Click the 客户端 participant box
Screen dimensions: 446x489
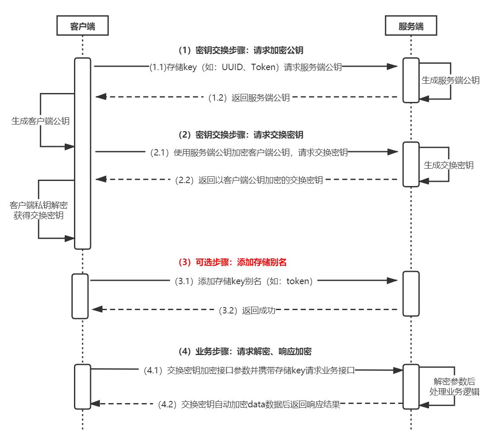pos(82,26)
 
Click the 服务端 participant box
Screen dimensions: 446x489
pos(411,26)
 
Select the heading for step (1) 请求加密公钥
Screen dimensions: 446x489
pos(241,50)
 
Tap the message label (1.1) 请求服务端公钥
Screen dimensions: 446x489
pos(245,67)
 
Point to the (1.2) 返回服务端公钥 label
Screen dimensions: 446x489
pos(249,98)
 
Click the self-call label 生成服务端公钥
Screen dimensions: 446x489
pos(450,80)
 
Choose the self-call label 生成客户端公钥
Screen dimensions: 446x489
pos(40,121)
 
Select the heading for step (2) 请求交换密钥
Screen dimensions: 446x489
pos(241,135)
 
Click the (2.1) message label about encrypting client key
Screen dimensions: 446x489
pos(249,153)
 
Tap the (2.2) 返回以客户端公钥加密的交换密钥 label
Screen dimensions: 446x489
pos(249,180)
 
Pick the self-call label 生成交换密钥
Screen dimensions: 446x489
pos(449,165)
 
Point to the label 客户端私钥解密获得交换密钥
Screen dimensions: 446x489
pos(38,210)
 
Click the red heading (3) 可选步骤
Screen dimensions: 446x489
pos(232,263)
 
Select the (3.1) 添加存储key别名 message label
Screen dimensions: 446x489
pos(244,281)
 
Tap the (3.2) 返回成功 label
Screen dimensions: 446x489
pos(247,311)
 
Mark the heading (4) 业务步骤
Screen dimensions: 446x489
pos(244,352)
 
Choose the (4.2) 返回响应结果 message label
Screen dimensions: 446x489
pos(249,404)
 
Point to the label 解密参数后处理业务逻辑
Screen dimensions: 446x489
pos(454,387)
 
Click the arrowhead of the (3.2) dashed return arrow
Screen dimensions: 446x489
pos(95,310)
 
